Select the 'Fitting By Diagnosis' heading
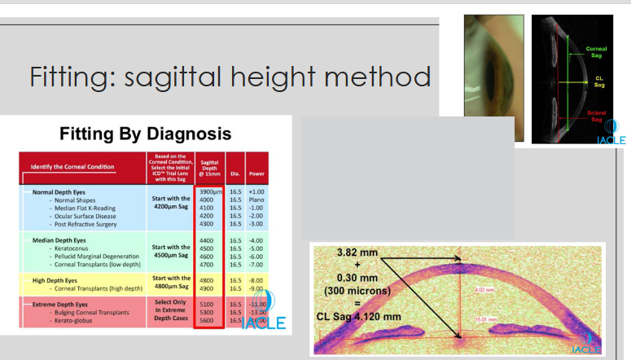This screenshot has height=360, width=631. coord(146,134)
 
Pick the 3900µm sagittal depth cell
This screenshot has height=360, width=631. coord(211,191)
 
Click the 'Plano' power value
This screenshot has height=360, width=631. coord(257,200)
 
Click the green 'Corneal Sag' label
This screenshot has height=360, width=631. coord(597,51)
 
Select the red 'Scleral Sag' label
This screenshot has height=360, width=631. coord(597,116)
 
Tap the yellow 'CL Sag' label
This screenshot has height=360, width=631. coord(598,81)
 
